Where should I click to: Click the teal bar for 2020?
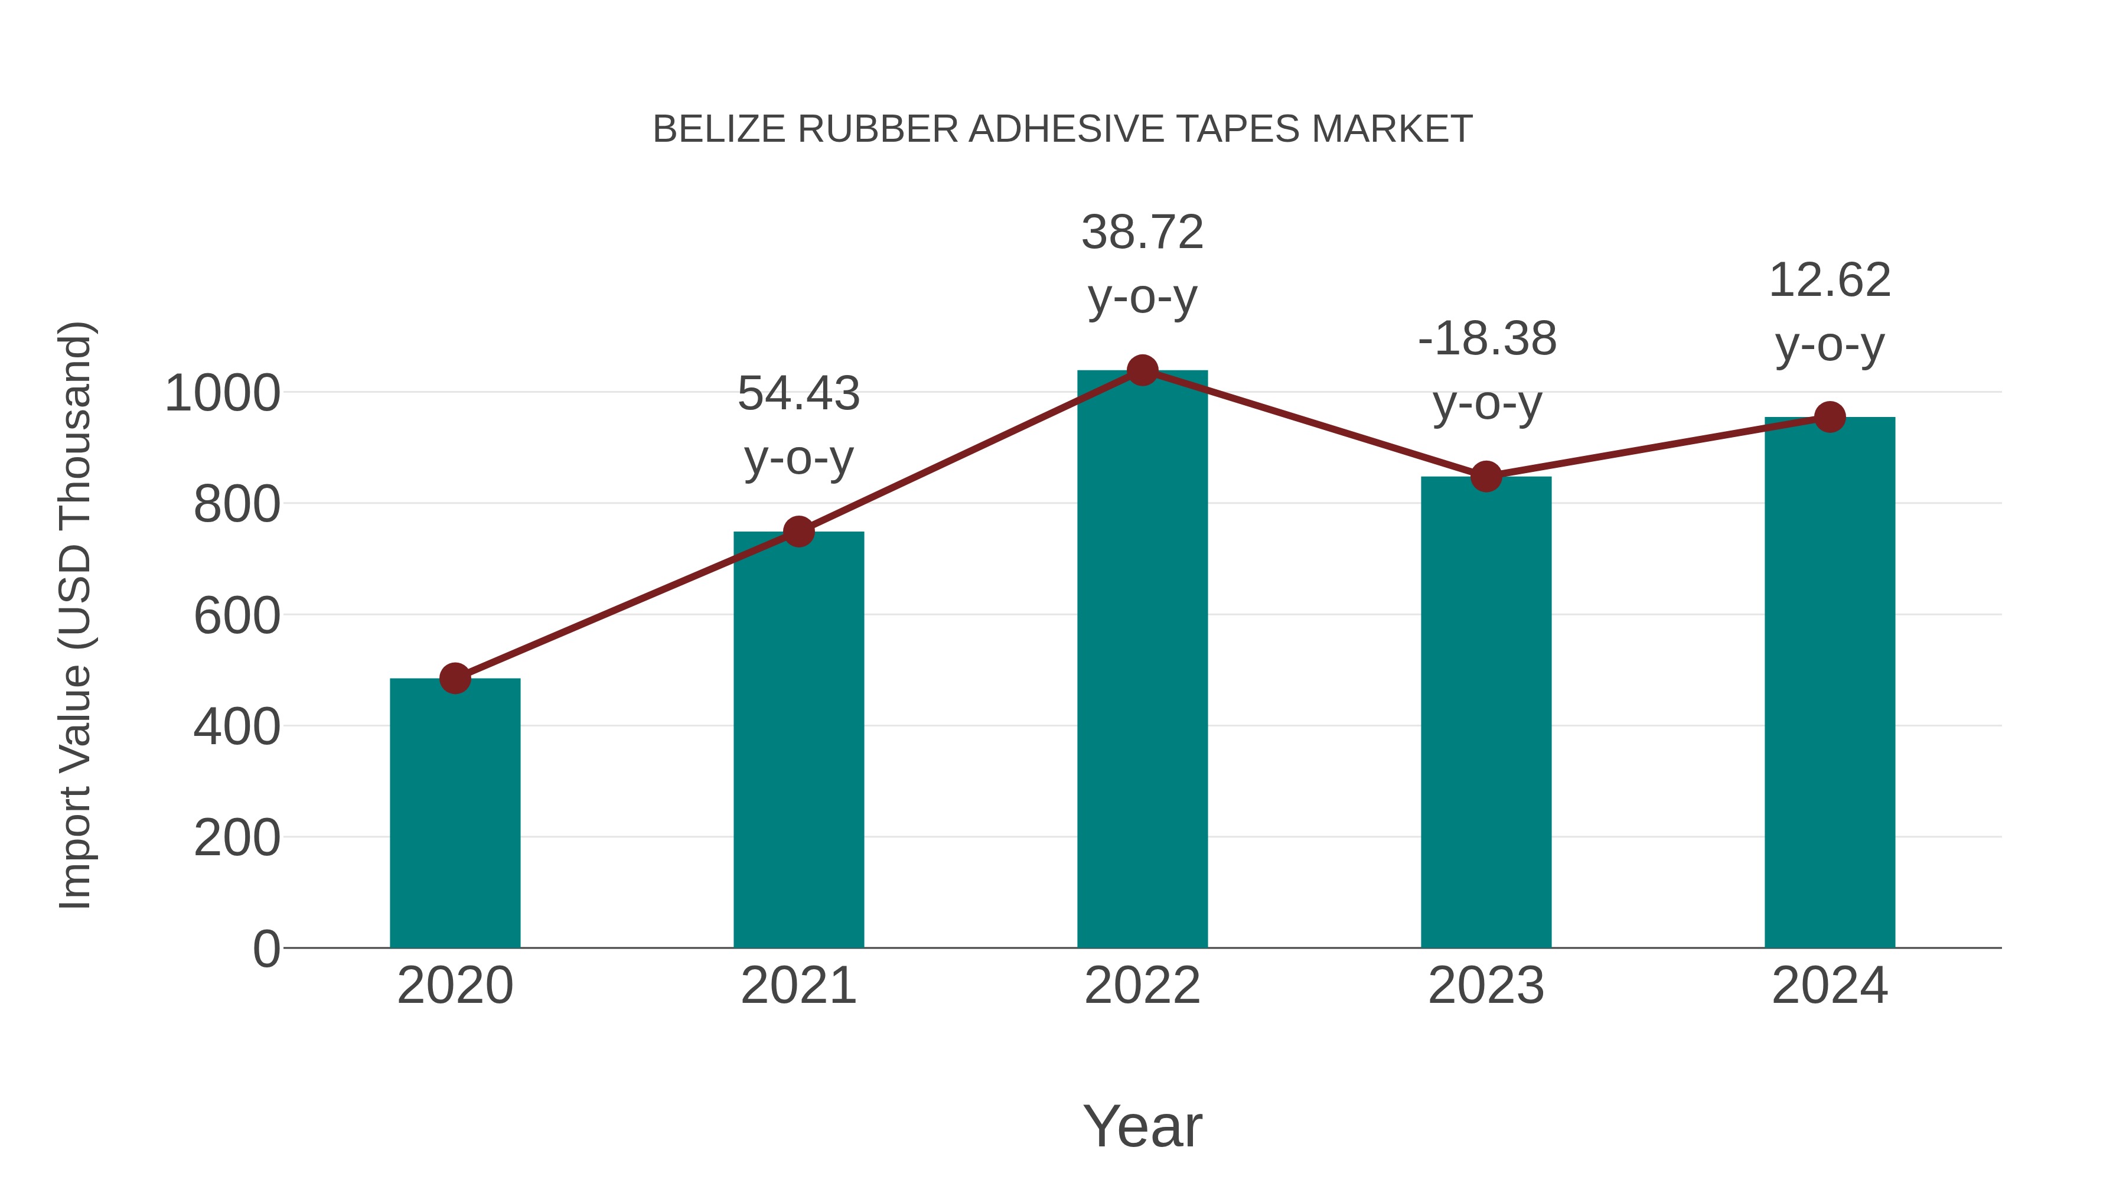(x=455, y=813)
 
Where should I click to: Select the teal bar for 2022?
(x=1142, y=660)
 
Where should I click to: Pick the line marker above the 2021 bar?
(x=798, y=532)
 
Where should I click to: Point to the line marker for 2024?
(x=1830, y=417)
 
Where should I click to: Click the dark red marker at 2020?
(x=455, y=679)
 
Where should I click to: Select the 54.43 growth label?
(x=798, y=394)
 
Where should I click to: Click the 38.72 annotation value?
(x=1142, y=233)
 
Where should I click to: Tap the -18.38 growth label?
(x=1486, y=339)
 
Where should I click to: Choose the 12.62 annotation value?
(x=1830, y=281)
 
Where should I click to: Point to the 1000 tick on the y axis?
(x=222, y=394)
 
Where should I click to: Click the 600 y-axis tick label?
(x=236, y=617)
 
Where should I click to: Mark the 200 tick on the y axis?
(x=236, y=839)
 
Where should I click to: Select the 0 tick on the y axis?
(x=266, y=949)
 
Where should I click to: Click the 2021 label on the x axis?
(x=798, y=986)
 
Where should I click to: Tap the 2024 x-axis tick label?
(x=1830, y=986)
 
